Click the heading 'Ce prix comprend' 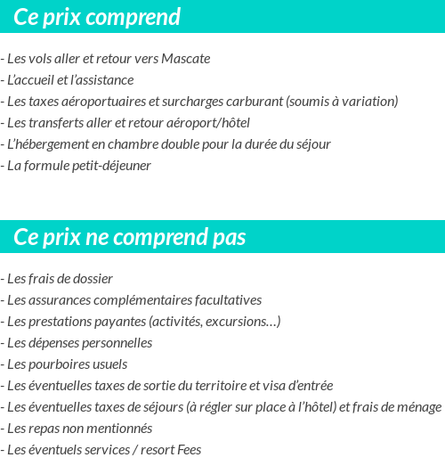click(97, 17)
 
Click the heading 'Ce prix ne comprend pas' click(130, 237)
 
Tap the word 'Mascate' click(185, 59)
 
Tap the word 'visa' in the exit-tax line click(279, 386)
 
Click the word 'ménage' click(419, 407)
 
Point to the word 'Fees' click(189, 450)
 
